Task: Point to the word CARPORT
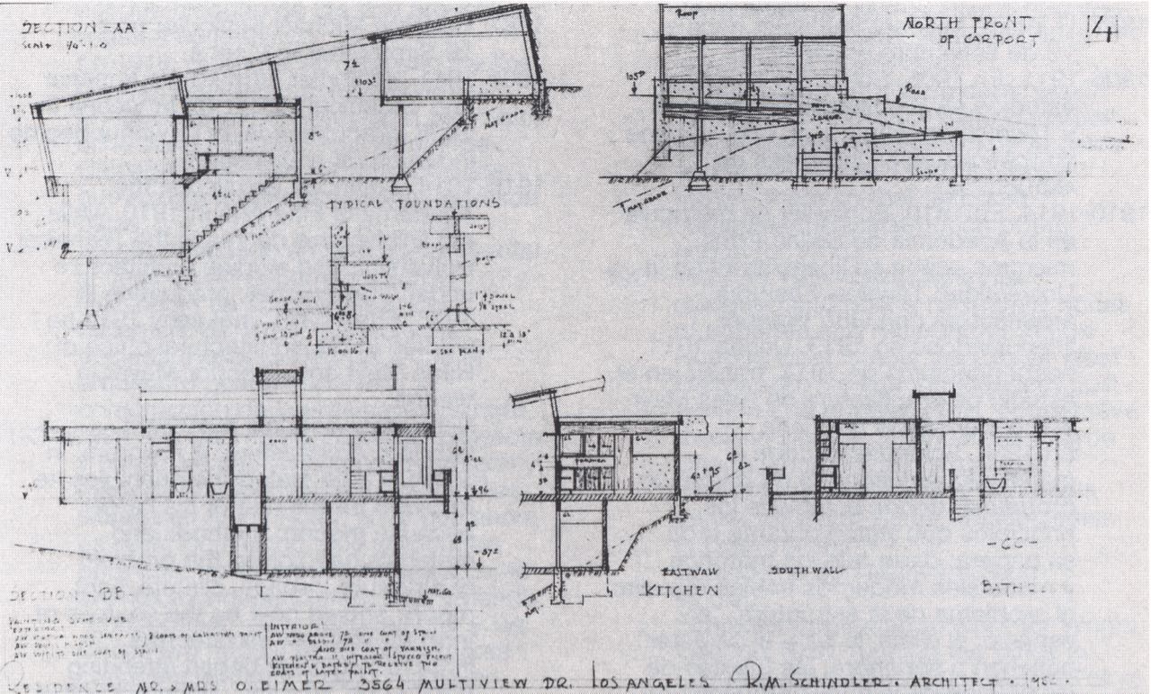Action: tap(1009, 41)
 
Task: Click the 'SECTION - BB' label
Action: tap(52, 597)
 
